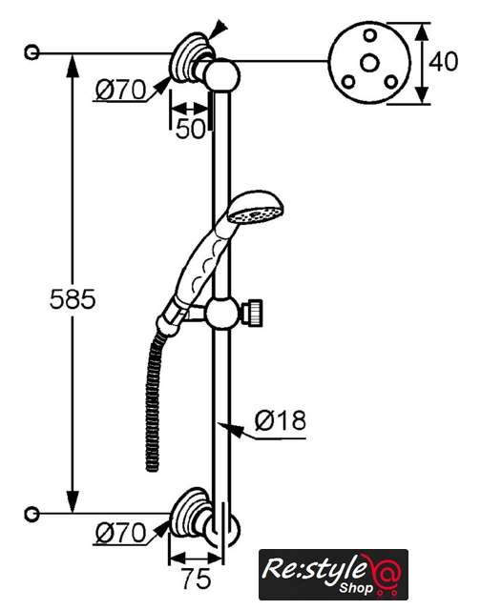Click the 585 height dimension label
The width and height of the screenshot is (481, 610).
73,299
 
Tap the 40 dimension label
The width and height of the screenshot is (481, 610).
443,61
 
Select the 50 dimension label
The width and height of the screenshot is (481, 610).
190,129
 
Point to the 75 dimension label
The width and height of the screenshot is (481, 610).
197,579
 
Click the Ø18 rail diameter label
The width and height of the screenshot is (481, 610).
281,420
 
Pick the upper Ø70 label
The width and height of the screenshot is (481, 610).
121,90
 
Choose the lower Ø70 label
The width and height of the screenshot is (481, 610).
121,533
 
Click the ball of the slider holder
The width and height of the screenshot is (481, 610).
221,314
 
